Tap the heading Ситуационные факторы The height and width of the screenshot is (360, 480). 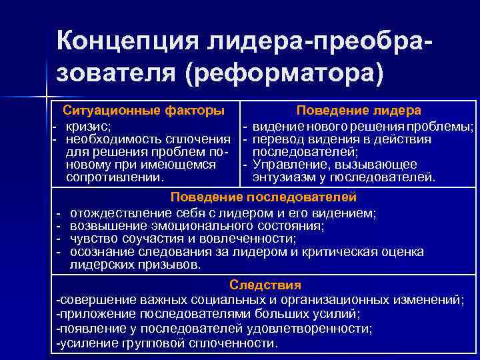pyautogui.click(x=143, y=110)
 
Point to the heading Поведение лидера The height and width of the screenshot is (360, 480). pyautogui.click(x=359, y=110)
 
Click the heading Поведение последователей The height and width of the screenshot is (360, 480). pyautogui.click(x=264, y=197)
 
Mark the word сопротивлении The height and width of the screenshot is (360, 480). pyautogui.click(x=115, y=177)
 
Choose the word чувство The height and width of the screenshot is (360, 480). pyautogui.click(x=93, y=239)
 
